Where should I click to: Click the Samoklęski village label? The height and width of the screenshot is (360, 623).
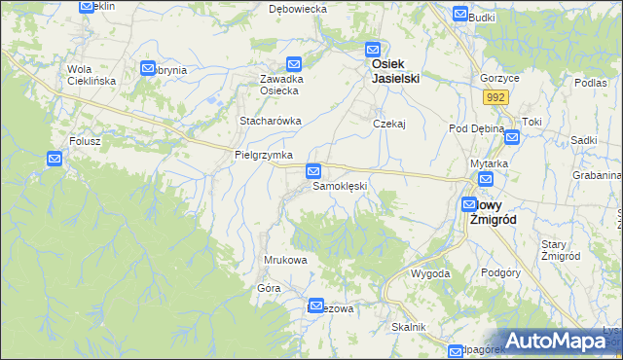click(x=339, y=186)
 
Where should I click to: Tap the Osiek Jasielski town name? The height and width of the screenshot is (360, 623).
click(x=395, y=71)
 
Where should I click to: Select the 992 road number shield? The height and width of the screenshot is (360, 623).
click(x=496, y=97)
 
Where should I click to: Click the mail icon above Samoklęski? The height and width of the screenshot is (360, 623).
click(x=313, y=170)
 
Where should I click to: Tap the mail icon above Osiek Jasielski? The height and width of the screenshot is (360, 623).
click(x=372, y=50)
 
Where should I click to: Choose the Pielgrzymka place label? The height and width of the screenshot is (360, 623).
click(x=264, y=155)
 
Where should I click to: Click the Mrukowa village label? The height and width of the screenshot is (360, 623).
click(x=286, y=260)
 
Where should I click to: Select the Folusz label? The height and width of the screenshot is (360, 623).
click(x=85, y=140)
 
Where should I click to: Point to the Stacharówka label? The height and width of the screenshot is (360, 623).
click(x=271, y=121)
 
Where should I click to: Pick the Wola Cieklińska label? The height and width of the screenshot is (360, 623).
click(x=92, y=75)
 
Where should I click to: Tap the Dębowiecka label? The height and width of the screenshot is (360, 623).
click(x=298, y=8)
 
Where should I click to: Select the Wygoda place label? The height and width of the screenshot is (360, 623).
click(x=430, y=273)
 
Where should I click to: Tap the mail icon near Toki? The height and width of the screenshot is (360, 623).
click(x=512, y=137)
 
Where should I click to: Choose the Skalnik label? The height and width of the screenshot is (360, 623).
click(x=409, y=327)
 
